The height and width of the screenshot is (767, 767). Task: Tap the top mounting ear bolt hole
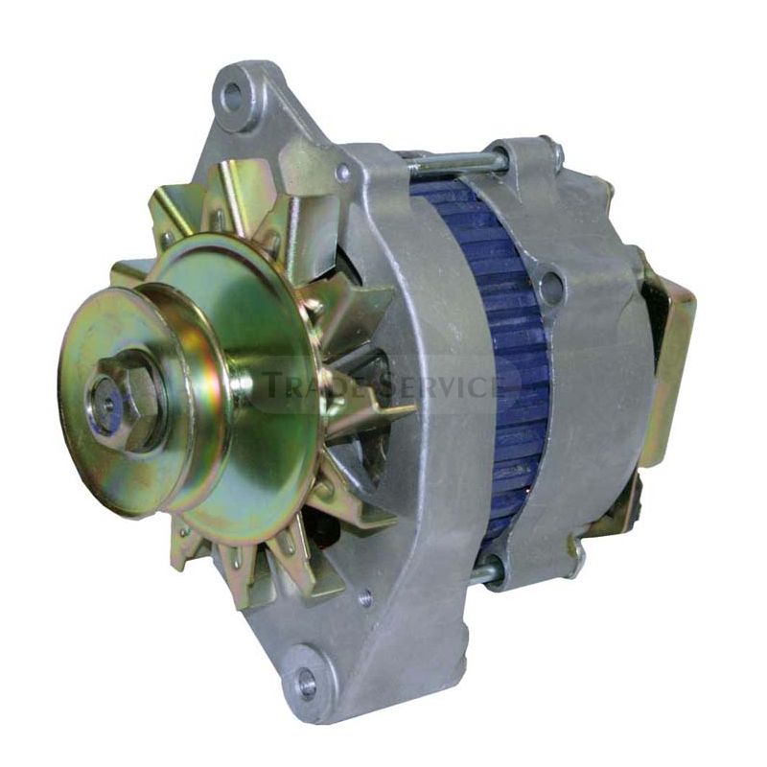(233, 92)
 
